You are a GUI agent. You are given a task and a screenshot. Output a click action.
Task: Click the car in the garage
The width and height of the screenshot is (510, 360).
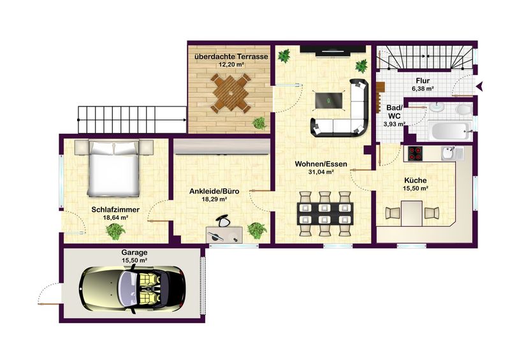click(133, 289)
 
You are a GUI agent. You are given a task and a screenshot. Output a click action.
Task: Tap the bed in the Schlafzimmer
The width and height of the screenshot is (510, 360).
click(114, 168)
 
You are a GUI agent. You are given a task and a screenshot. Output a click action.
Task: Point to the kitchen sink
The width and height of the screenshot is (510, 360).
click(449, 153)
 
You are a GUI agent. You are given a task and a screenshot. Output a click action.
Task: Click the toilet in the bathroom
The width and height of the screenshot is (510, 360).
click(464, 110)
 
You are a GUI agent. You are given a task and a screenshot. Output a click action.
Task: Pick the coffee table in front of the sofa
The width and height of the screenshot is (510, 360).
click(328, 101)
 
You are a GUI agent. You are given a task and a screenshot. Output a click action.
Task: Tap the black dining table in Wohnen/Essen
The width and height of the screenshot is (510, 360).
click(325, 213)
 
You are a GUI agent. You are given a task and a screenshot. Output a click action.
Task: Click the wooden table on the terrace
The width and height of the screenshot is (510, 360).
click(231, 93)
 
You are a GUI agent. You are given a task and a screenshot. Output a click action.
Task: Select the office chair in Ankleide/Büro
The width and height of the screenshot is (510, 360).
click(223, 221)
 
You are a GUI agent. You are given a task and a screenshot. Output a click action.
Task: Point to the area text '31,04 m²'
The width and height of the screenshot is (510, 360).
click(321, 173)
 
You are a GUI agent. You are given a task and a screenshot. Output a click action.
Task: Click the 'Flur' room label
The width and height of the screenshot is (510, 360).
click(423, 81)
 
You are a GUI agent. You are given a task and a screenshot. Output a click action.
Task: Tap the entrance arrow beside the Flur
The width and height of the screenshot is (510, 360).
click(480, 86)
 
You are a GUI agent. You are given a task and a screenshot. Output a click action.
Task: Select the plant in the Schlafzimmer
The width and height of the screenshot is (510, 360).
click(115, 231)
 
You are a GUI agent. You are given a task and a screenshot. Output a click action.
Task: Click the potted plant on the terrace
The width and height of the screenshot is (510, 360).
click(259, 122)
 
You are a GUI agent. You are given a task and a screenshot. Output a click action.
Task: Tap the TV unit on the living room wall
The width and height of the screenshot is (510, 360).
click(332, 50)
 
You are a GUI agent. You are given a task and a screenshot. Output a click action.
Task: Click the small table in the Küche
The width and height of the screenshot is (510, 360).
click(411, 213)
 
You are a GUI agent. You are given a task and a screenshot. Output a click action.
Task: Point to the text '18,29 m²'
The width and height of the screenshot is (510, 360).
click(214, 199)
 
